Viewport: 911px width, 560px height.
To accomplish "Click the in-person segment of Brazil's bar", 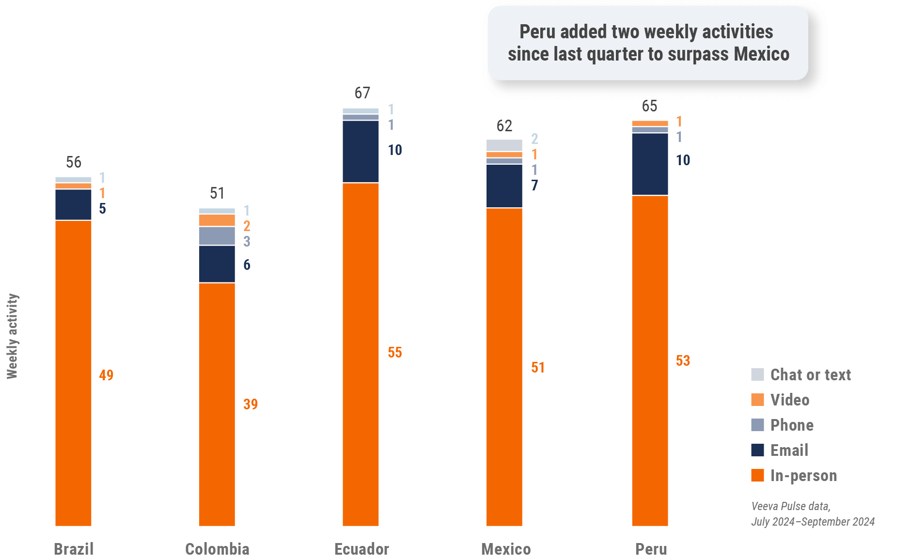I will coord(73,373).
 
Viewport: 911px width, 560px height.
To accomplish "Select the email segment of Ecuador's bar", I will coord(361,152).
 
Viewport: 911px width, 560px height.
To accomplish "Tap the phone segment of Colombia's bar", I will coord(217,236).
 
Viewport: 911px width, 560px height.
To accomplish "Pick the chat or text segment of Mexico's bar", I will coord(504,145).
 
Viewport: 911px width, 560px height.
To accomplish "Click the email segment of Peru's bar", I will coord(650,164).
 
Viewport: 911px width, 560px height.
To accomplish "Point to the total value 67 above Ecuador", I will coord(362,93).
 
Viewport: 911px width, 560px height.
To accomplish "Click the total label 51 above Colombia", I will coord(217,193).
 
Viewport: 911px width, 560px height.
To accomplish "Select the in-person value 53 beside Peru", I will coord(683,361).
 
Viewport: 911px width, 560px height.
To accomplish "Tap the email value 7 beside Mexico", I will coord(534,186).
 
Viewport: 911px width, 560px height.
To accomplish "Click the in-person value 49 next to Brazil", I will coord(106,375).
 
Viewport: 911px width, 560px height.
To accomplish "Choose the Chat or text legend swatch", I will coord(757,374).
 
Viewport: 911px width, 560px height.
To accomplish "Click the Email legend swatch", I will coord(757,450).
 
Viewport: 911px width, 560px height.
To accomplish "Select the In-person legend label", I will coord(803,476).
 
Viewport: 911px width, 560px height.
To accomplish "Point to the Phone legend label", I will coord(792,425).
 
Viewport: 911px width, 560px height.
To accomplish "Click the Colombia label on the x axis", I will coord(217,549).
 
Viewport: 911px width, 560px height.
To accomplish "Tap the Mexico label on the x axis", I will coord(506,549).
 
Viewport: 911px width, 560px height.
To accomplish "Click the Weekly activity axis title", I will coord(13,336).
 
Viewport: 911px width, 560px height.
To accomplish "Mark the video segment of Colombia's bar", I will coord(217,220).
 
